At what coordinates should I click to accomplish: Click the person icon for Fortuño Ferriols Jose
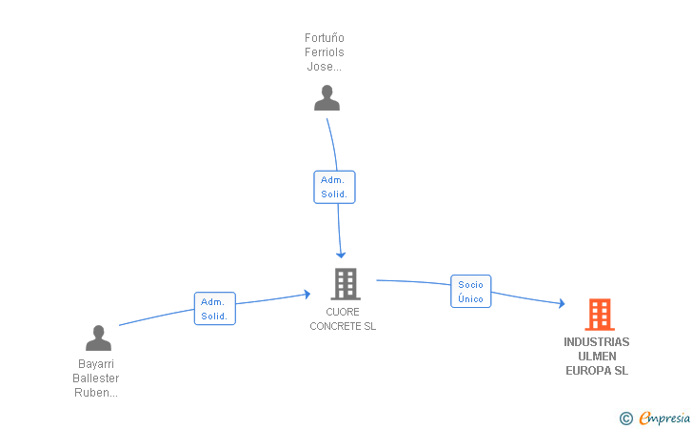pyautogui.click(x=327, y=98)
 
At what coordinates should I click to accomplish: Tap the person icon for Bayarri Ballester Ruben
pyautogui.click(x=98, y=338)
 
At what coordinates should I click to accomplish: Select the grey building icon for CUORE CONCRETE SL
pyautogui.click(x=346, y=284)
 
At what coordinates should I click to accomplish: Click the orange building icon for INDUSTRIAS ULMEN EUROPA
pyautogui.click(x=600, y=315)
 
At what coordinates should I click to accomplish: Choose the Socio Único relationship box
pyautogui.click(x=470, y=292)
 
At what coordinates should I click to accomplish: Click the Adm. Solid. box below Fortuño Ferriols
pyautogui.click(x=334, y=187)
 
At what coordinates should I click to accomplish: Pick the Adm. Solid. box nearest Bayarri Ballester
pyautogui.click(x=215, y=309)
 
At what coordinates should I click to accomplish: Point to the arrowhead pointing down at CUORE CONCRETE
pyautogui.click(x=341, y=255)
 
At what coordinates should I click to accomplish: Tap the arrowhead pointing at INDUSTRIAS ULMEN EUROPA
pyautogui.click(x=562, y=303)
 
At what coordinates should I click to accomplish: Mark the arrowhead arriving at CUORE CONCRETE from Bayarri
pyautogui.click(x=307, y=294)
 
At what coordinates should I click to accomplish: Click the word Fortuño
pyautogui.click(x=325, y=38)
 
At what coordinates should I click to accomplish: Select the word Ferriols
pyautogui.click(x=325, y=52)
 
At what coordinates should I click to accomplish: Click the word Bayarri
pyautogui.click(x=96, y=364)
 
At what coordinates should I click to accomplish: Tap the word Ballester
pyautogui.click(x=96, y=378)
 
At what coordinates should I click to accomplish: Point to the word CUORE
pyautogui.click(x=343, y=312)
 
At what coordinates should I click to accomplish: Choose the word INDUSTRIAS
pyautogui.click(x=597, y=342)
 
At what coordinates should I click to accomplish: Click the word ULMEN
pyautogui.click(x=597, y=357)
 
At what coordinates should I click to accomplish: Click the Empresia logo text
pyautogui.click(x=664, y=418)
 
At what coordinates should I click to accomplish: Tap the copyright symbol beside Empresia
pyautogui.click(x=626, y=419)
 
